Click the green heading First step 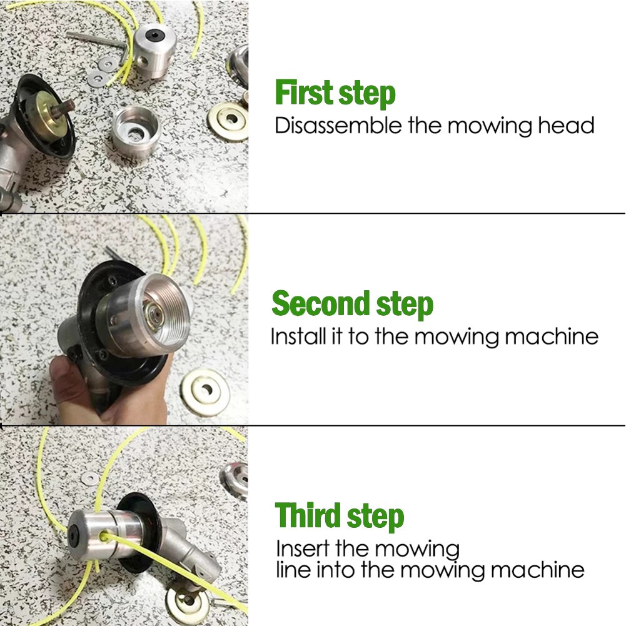[335, 93]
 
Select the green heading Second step [352, 304]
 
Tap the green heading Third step [340, 517]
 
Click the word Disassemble [338, 126]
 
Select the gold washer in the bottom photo [187, 605]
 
